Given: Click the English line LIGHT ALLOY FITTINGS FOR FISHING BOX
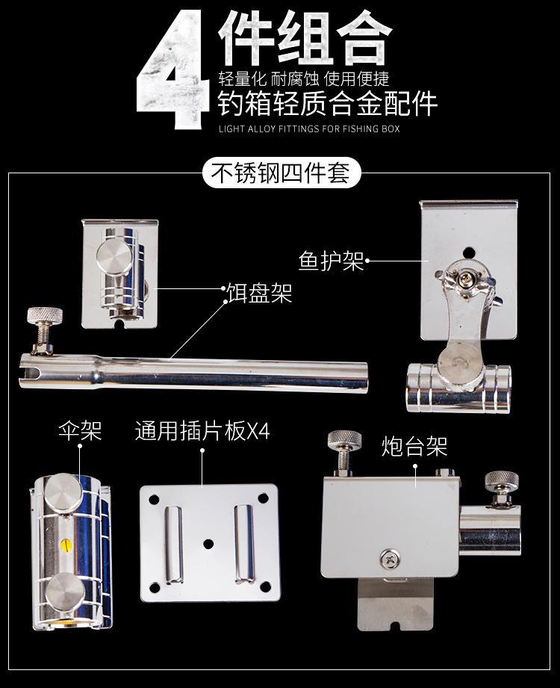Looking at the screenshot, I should click(309, 128).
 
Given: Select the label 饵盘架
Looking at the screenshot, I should click(259, 292).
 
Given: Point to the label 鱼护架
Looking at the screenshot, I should click(331, 261).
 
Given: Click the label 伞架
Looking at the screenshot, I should click(80, 431).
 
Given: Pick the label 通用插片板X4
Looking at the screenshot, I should click(202, 431).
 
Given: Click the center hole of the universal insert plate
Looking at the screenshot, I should click(209, 541).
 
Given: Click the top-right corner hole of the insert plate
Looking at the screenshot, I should click(264, 498).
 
